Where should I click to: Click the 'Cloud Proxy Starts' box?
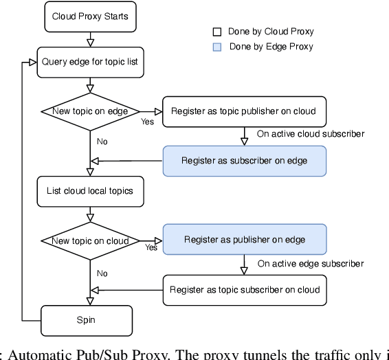point(90,16)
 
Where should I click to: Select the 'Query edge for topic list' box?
point(90,62)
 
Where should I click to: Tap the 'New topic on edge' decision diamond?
point(90,111)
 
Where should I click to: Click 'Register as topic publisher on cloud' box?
point(244,111)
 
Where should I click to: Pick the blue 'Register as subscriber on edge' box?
point(244,161)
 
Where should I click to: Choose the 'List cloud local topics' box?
point(90,192)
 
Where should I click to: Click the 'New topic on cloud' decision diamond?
point(90,240)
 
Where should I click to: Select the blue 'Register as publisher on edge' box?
point(244,240)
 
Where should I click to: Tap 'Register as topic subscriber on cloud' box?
point(244,290)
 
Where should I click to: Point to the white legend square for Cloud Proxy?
point(216,32)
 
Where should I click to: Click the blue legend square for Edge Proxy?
point(216,47)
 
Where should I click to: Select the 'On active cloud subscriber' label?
point(310,134)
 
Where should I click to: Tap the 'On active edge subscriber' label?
point(311,264)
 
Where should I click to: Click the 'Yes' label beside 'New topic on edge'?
point(147,122)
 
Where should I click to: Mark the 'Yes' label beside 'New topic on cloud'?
point(151,248)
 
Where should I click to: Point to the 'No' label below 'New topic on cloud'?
point(102,273)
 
